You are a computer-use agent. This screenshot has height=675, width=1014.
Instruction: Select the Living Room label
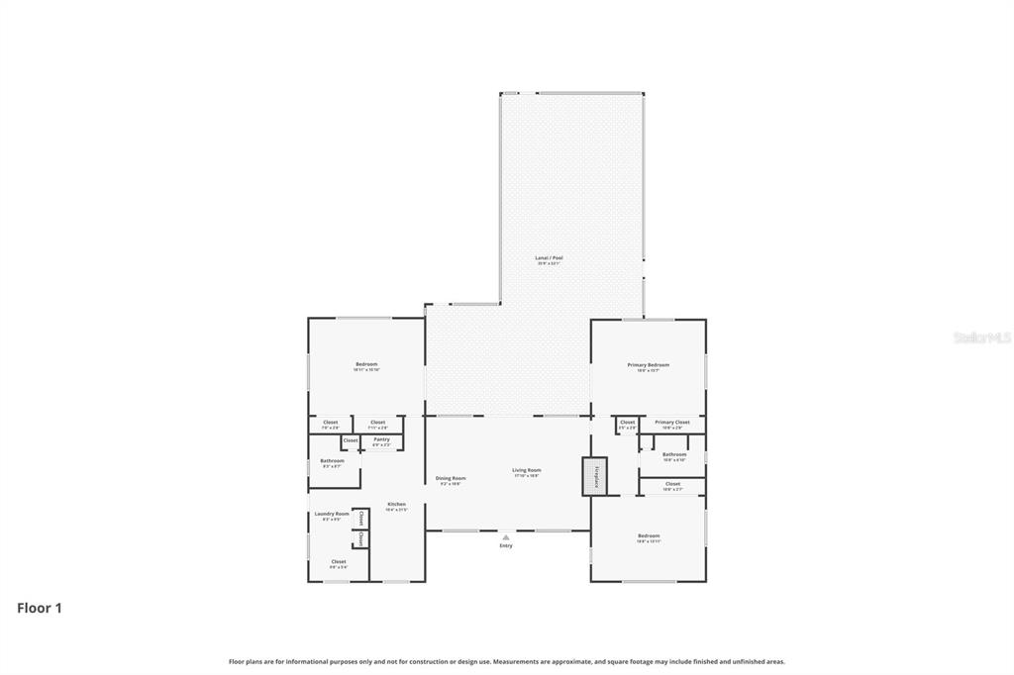[x=526, y=471]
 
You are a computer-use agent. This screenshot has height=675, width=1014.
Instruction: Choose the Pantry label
[x=381, y=440]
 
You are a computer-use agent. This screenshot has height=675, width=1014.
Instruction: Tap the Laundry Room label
[x=332, y=515]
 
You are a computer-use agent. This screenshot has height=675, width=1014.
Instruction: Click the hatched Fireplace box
[x=594, y=476]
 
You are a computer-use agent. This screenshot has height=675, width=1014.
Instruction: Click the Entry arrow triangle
[x=506, y=537]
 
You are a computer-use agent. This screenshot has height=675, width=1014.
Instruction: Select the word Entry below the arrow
[x=506, y=545]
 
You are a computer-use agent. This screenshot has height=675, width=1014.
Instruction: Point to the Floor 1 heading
[x=40, y=609]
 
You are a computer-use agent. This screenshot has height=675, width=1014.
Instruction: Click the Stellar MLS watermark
[x=981, y=337]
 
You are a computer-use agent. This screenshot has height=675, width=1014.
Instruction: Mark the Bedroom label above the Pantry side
[x=366, y=365]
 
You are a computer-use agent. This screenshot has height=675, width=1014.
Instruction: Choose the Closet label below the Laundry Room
[x=339, y=562]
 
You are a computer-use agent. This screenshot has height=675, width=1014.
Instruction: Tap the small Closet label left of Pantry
[x=350, y=439]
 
